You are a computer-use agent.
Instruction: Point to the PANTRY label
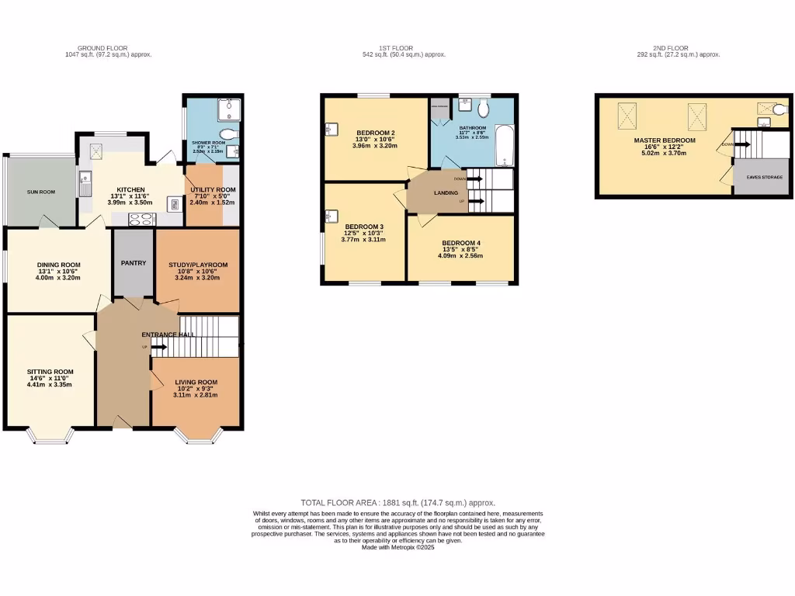[x=134, y=263]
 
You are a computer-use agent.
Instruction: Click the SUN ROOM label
[x=41, y=192]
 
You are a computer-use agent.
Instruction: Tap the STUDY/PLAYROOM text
[x=198, y=265]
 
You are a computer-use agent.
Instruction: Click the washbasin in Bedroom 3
[x=332, y=215]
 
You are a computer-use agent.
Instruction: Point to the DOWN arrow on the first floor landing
[x=474, y=178]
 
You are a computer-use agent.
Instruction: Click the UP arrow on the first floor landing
[x=474, y=201]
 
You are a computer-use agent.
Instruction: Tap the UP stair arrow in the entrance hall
[x=158, y=347]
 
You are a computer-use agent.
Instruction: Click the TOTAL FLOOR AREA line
[x=397, y=503]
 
